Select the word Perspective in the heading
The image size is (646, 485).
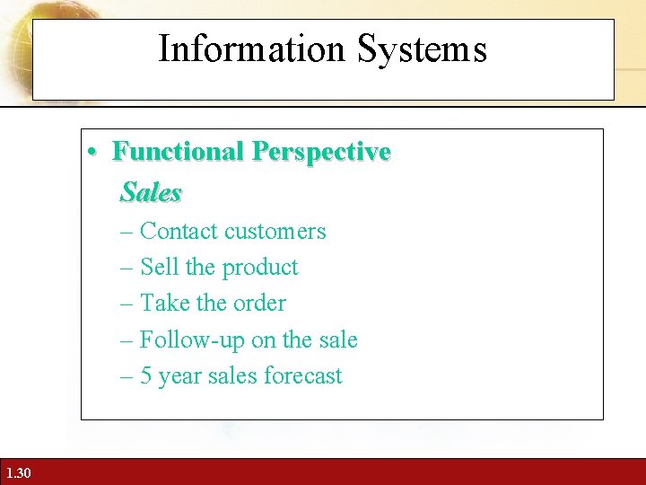pos(321,152)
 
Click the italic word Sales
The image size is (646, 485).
pos(151,192)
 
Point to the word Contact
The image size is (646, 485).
pos(179,232)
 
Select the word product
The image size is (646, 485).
pos(260,268)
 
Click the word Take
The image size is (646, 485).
pos(162,304)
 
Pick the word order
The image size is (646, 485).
pos(259,304)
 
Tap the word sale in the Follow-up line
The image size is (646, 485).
pos(337,340)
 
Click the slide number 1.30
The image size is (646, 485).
pos(17,472)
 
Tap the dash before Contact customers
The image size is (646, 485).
pos(126,232)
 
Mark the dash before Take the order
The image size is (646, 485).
pos(126,304)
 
